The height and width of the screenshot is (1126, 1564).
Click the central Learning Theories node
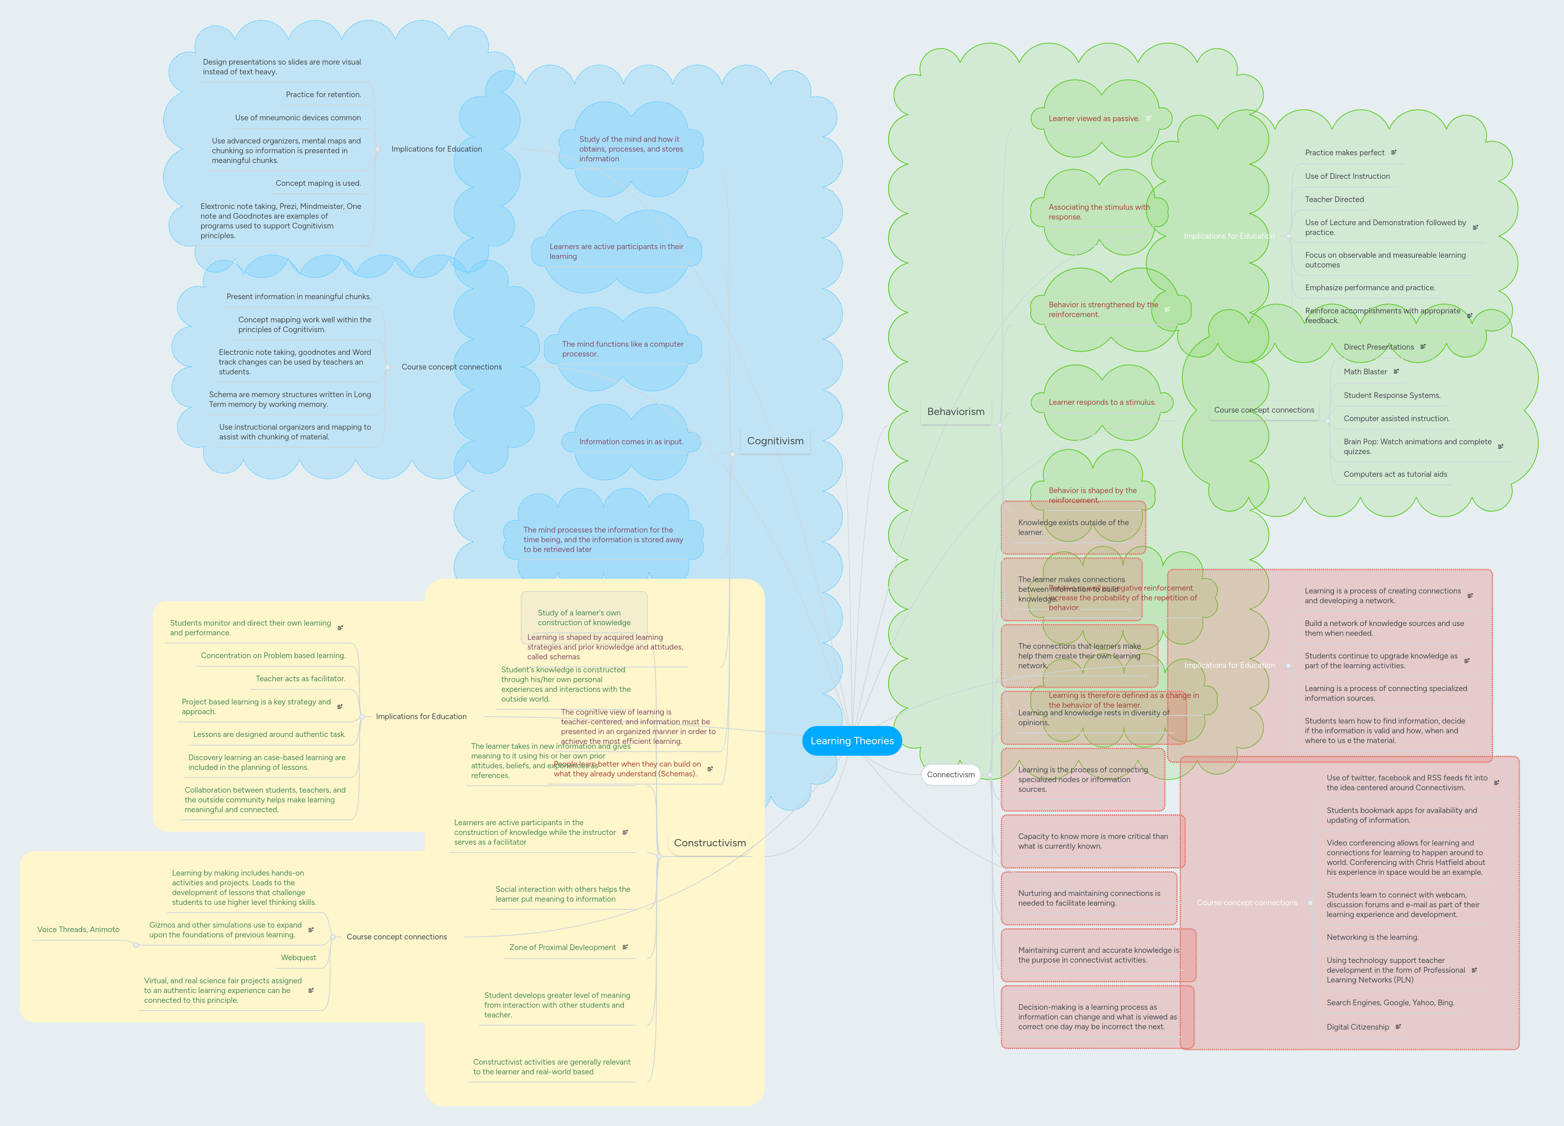[852, 741]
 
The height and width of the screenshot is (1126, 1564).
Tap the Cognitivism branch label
[775, 441]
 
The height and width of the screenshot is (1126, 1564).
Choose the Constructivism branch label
[710, 843]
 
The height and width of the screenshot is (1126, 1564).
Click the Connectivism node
[950, 774]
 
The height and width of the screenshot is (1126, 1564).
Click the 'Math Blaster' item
[1365, 372]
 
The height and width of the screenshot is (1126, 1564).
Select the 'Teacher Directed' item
[1334, 199]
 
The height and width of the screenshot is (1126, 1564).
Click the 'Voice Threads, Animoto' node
[78, 930]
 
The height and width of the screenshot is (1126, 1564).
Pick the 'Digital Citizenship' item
[1357, 1027]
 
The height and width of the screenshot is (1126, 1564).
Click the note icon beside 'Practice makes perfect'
[1394, 152]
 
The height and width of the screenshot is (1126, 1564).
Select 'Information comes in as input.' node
[630, 441]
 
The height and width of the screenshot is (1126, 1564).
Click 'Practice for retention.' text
[323, 94]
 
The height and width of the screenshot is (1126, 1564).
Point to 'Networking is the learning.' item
[1372, 937]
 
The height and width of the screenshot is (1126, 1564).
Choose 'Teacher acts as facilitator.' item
[300, 678]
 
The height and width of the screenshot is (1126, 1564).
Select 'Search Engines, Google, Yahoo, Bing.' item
[1390, 1002]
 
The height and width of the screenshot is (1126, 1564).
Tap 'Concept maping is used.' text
[318, 183]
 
